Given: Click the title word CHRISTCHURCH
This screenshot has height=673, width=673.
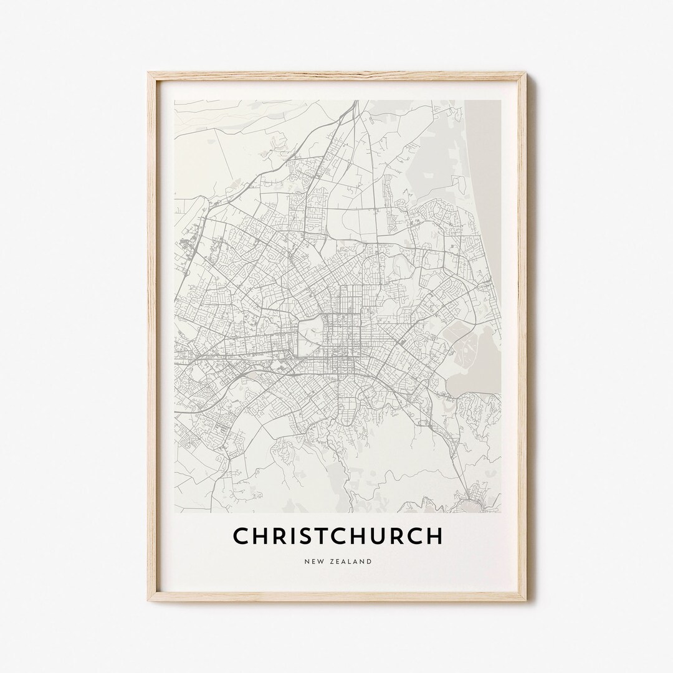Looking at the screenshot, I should tap(337, 536).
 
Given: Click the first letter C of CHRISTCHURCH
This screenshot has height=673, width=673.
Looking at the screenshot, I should tap(241, 536).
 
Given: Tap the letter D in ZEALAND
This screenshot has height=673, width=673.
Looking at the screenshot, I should tap(370, 561).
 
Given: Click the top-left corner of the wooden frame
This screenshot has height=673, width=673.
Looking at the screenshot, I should tap(149, 74).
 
